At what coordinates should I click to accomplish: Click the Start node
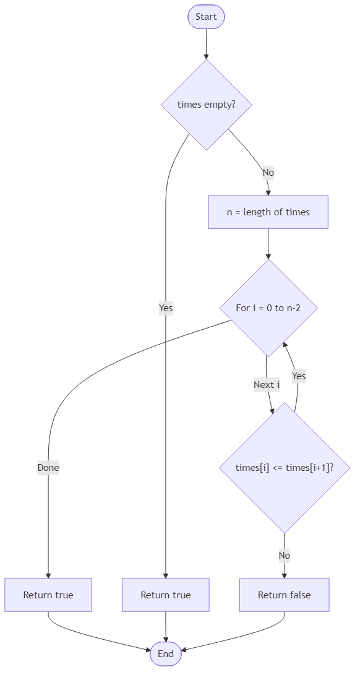coord(206,17)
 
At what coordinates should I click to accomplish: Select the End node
coord(165,654)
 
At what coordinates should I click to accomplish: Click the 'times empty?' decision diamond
coord(206,105)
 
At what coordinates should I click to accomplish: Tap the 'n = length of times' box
coord(268,212)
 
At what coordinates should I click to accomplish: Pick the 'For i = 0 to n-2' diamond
coord(268,308)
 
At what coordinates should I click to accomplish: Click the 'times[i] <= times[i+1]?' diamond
coord(285,467)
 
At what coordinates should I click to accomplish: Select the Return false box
coord(284,595)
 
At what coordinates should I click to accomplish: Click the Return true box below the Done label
coord(48,595)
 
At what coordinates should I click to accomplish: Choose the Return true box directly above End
coord(165,595)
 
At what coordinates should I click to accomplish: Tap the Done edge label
coord(48,468)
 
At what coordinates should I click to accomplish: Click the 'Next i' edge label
coord(267,385)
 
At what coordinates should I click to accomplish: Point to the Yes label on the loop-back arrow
coord(299,376)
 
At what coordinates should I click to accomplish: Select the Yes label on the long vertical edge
coord(166,308)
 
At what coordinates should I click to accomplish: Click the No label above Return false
coord(284,556)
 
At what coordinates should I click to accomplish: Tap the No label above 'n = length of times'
coord(268,173)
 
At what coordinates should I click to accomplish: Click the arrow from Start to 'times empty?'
coord(206,43)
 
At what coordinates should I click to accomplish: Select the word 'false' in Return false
coord(298,595)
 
